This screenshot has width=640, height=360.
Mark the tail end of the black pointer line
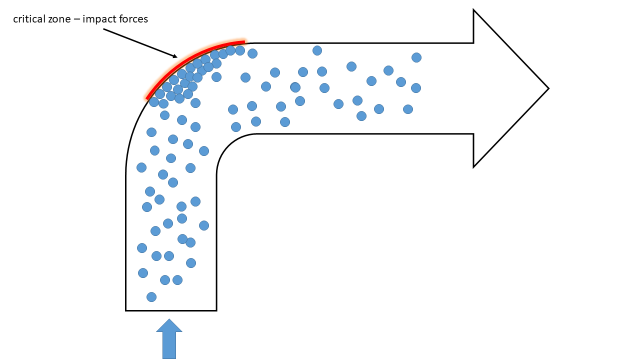pyautogui.click(x=103, y=29)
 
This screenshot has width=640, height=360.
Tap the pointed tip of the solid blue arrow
pyautogui.click(x=169, y=319)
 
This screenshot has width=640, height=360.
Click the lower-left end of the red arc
pyautogui.click(x=147, y=98)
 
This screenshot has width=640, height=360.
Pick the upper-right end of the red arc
pyautogui.click(x=244, y=42)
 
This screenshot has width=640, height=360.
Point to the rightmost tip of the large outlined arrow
pyautogui.click(x=548, y=88)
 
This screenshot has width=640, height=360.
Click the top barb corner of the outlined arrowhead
pyautogui.click(x=473, y=10)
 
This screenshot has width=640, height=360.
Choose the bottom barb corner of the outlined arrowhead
pyautogui.click(x=473, y=166)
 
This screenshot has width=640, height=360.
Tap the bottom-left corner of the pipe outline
pyautogui.click(x=126, y=310)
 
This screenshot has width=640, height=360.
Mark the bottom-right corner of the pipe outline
pyautogui.click(x=216, y=310)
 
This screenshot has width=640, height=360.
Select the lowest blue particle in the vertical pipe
pyautogui.click(x=151, y=297)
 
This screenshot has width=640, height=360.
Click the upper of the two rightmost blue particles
pyautogui.click(x=416, y=57)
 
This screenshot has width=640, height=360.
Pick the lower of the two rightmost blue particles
pyautogui.click(x=416, y=88)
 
